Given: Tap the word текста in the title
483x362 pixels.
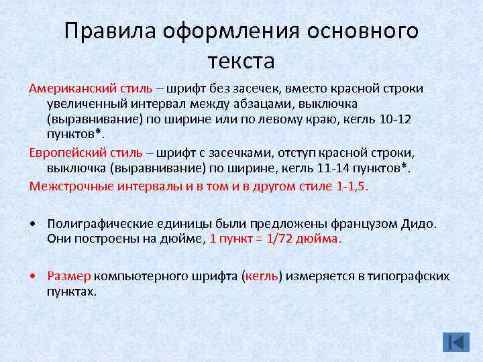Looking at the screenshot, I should coord(241,61).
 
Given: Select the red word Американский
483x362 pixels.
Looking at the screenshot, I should coord(72,88).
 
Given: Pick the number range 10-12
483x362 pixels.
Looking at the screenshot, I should coord(414,119).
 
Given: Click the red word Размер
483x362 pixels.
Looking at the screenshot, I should coord(69,276).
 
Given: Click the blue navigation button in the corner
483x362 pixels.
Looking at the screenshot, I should coord(456,342).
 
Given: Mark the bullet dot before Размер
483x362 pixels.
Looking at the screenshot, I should coord(33,276).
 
